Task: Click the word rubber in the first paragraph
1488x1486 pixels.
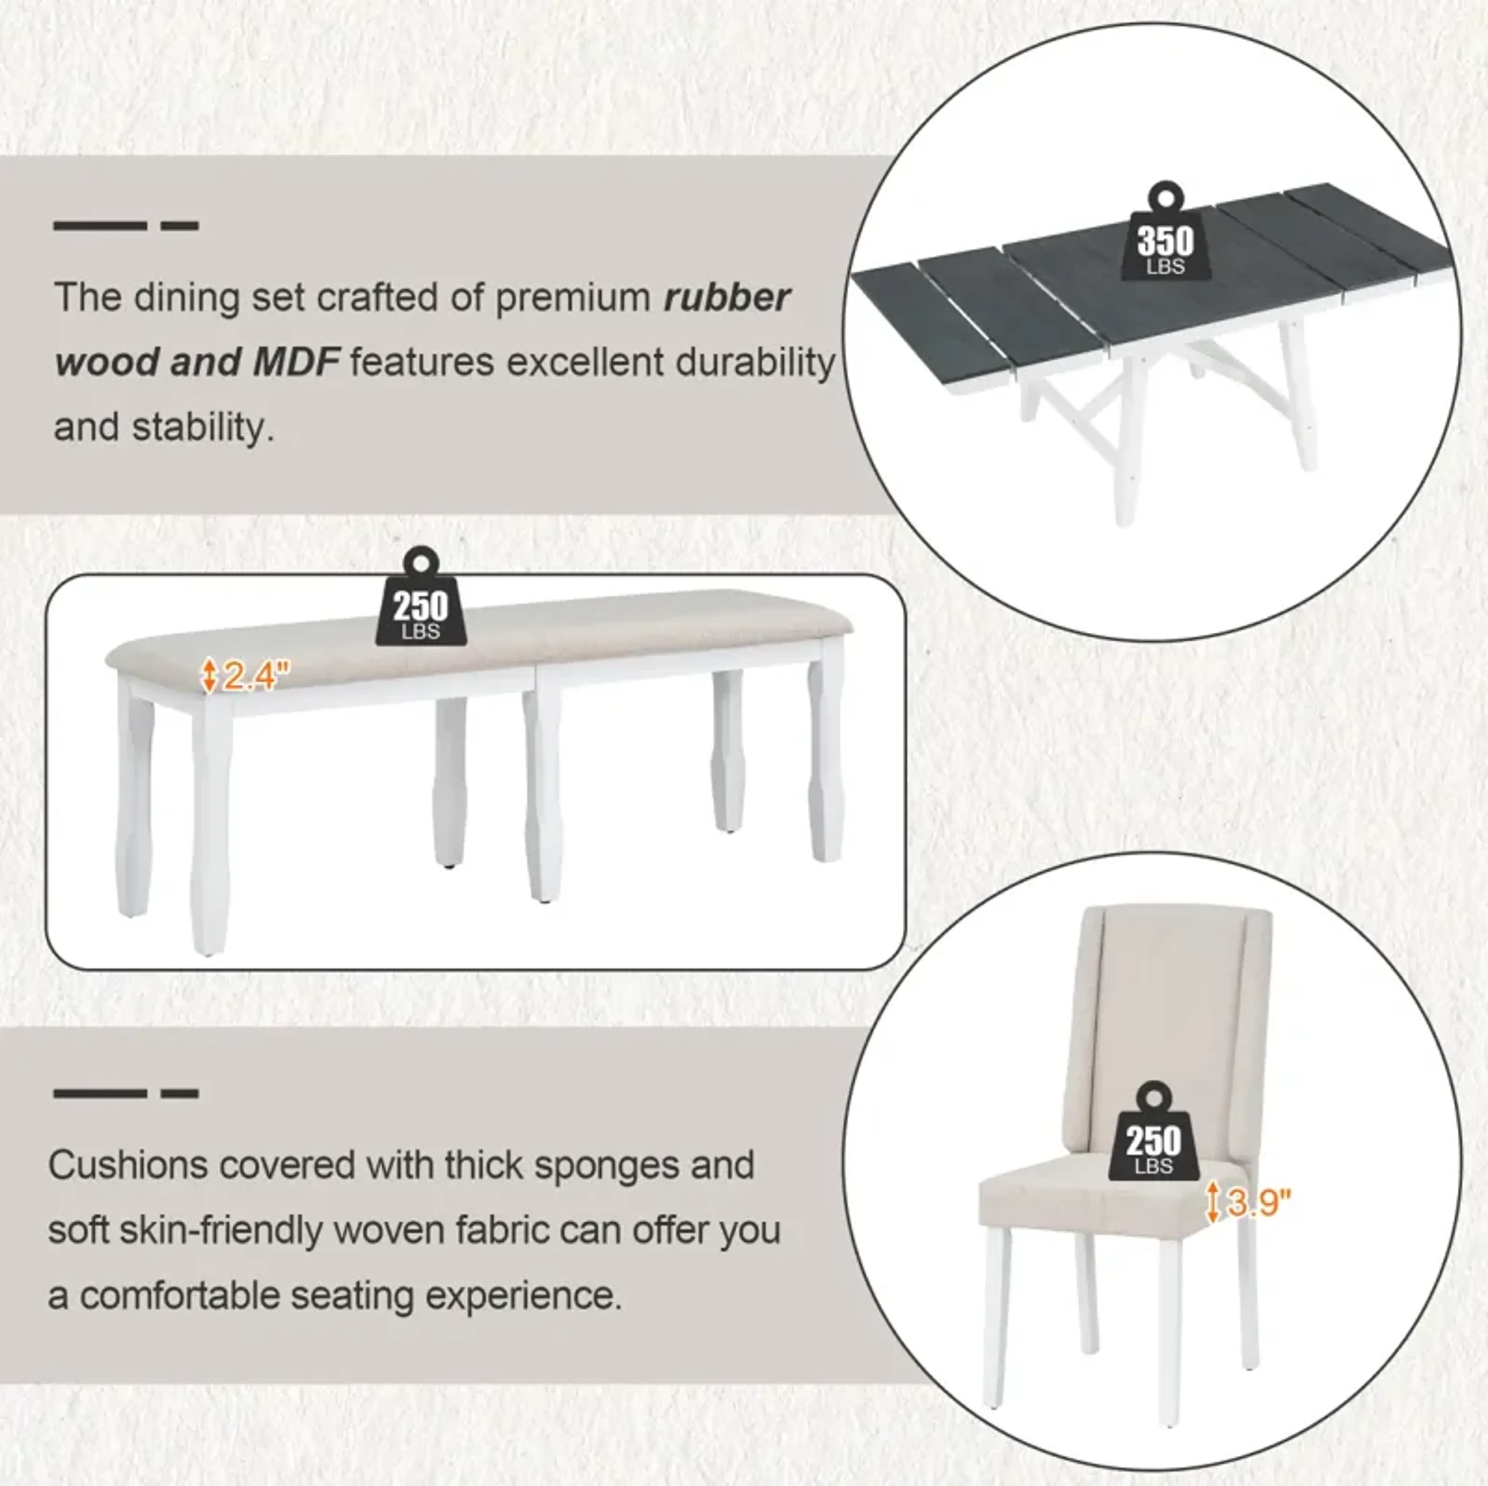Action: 727,297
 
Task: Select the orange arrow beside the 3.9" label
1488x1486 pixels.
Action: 1212,1202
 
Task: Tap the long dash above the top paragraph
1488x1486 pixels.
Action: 100,226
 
